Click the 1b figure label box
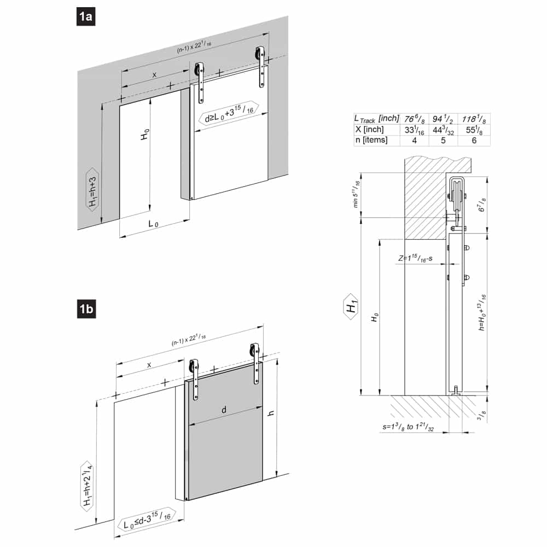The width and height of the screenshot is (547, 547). (x=86, y=310)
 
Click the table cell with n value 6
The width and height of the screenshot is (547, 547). (x=474, y=140)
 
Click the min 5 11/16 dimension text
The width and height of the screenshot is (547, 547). (x=356, y=194)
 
